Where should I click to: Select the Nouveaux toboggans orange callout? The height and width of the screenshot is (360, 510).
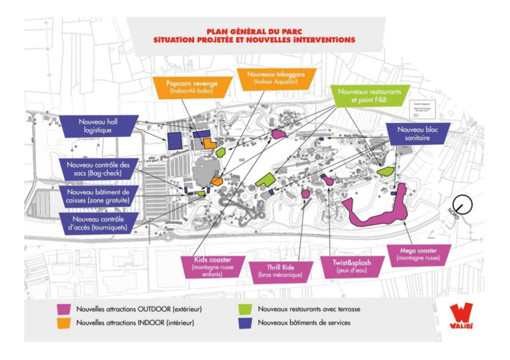click(271, 78)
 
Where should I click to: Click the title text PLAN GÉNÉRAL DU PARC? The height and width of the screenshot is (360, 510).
click(249, 31)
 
